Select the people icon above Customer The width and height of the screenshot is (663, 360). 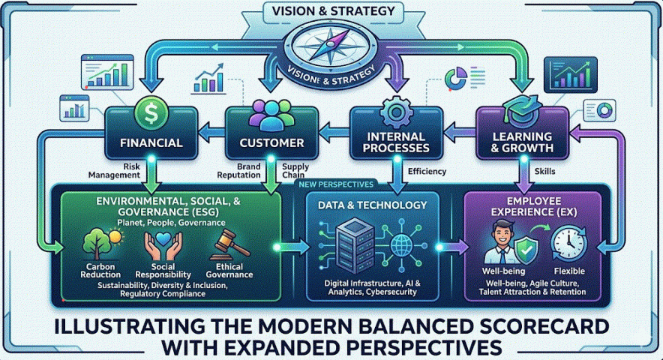(x=271, y=114)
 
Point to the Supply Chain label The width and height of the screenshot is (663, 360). (x=293, y=170)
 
